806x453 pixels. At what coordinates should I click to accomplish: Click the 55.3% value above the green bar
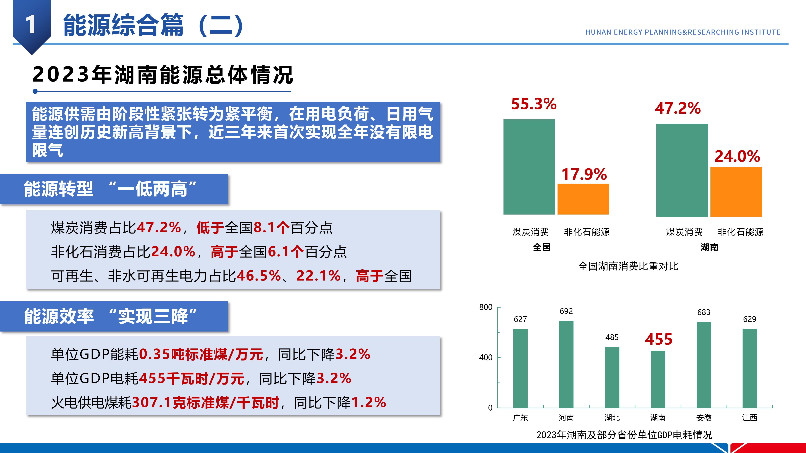534,104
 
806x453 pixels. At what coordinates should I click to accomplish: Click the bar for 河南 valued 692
566,364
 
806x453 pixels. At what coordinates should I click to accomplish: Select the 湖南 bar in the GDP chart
658,379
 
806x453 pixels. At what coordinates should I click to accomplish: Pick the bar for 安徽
704,365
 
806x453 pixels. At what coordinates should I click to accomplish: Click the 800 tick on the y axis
486,307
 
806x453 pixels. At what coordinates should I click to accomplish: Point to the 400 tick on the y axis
486,357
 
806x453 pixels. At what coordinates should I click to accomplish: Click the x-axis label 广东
520,418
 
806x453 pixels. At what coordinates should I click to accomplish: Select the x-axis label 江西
750,418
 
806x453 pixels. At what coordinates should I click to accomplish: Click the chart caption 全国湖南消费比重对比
628,266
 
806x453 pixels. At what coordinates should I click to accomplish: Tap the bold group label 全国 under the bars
542,247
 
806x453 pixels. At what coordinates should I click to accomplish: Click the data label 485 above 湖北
612,337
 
